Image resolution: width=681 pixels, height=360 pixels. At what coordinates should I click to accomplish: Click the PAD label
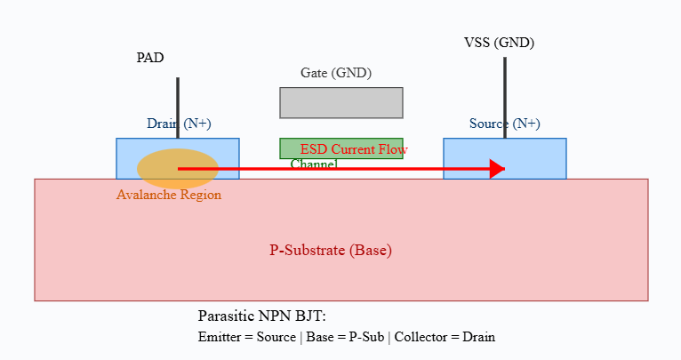(149, 59)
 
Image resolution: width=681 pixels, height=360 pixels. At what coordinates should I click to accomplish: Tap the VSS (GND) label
(499, 43)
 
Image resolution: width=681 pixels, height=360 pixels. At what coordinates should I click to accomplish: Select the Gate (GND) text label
(336, 73)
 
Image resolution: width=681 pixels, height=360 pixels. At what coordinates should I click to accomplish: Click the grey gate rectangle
(341, 102)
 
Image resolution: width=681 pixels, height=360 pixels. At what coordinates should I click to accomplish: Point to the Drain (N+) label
(179, 124)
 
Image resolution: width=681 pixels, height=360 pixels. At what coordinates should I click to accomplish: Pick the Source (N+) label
(504, 124)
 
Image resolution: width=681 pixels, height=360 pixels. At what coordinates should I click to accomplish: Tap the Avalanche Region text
(169, 195)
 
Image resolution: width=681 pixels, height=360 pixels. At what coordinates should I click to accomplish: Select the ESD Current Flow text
(354, 149)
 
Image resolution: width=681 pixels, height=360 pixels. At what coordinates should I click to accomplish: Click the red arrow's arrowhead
(498, 168)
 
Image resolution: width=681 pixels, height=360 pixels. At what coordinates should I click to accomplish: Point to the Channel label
(314, 164)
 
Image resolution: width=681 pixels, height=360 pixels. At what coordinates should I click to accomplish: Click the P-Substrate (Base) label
(331, 251)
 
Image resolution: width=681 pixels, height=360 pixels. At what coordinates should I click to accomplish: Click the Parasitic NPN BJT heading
(262, 316)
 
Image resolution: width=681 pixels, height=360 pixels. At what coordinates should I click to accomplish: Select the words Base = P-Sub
(345, 337)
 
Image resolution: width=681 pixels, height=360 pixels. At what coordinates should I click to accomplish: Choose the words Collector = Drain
(445, 337)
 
